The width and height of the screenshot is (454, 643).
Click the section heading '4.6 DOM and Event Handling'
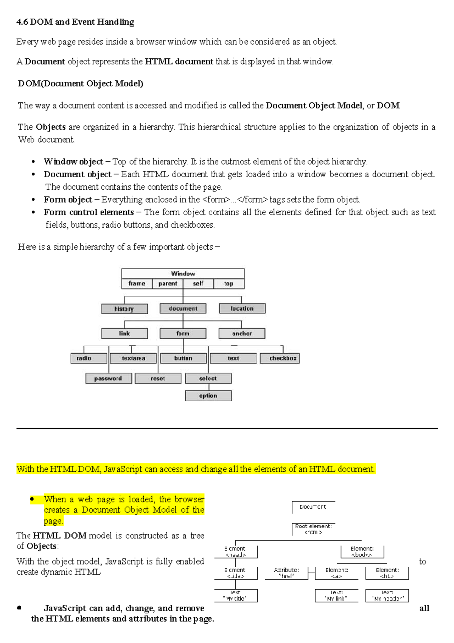tap(75, 22)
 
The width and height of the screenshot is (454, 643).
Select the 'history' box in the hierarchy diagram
tap(124, 309)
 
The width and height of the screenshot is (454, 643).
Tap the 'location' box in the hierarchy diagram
tap(242, 309)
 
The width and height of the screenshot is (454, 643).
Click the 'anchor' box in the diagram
tap(242, 334)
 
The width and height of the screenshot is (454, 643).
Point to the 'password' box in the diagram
tap(109, 378)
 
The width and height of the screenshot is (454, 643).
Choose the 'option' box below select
tap(208, 396)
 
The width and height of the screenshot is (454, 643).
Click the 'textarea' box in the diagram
tap(133, 358)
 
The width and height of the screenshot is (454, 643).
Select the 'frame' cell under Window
tap(137, 284)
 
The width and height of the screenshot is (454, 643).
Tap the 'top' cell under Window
tap(229, 284)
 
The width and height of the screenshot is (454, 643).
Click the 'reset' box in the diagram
tap(158, 378)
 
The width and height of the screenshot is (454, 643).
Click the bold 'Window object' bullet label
tap(73, 162)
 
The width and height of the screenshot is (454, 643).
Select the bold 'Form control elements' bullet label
tap(89, 212)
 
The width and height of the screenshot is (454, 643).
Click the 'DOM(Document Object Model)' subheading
tap(81, 83)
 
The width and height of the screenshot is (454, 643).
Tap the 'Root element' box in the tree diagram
tap(313, 529)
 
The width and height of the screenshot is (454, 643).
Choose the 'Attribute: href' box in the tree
tap(286, 573)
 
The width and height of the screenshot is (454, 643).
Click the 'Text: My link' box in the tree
tap(336, 596)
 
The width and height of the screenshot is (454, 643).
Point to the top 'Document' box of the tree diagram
tap(313, 507)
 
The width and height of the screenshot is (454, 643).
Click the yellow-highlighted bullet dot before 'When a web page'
tap(33, 499)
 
